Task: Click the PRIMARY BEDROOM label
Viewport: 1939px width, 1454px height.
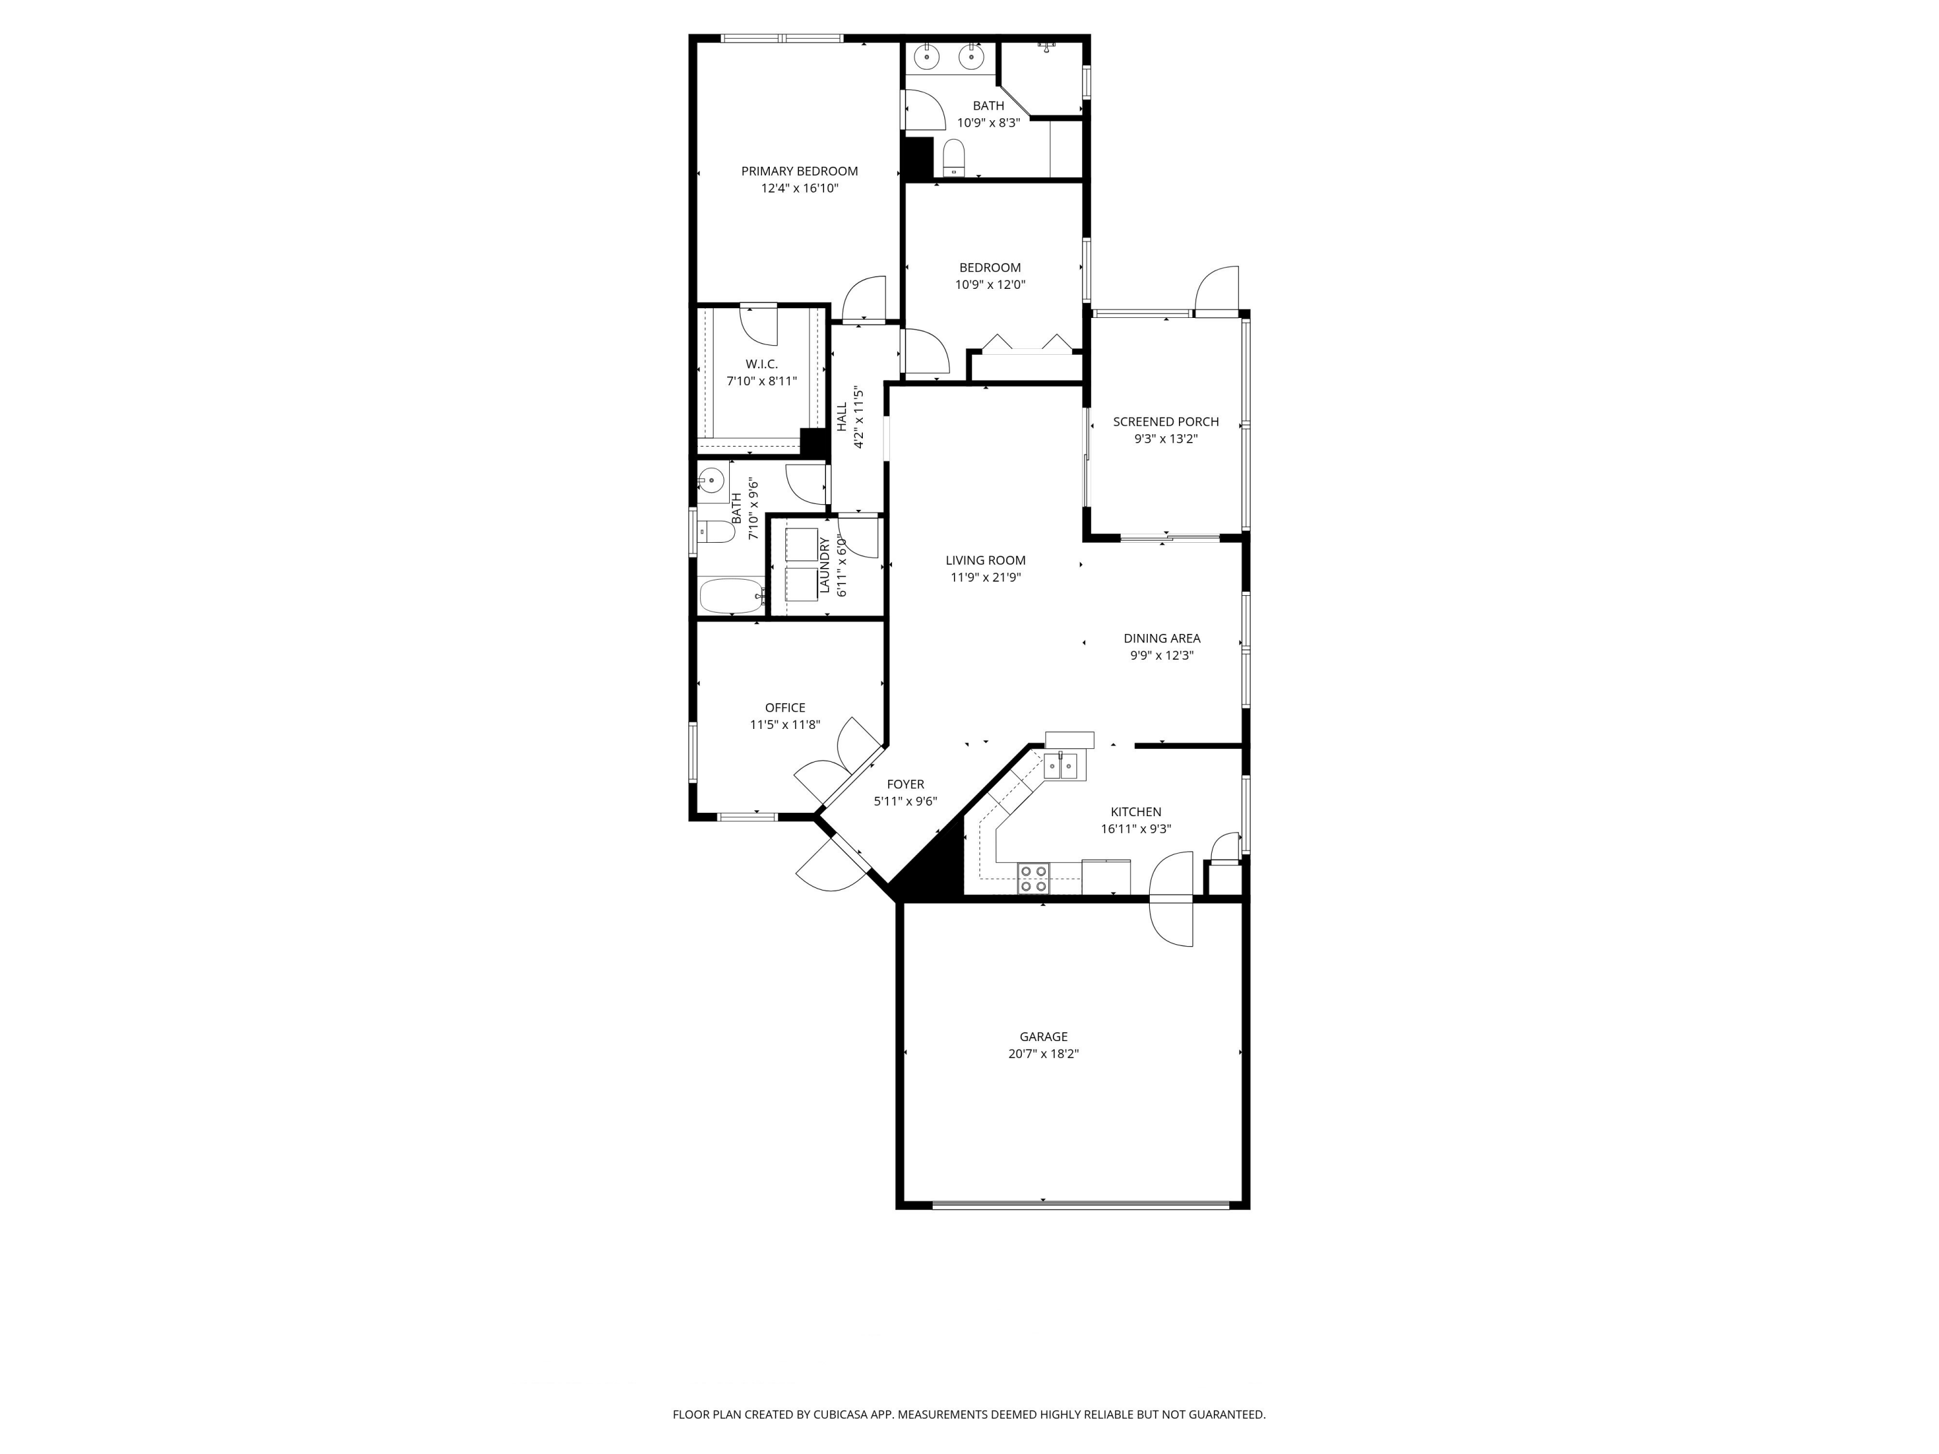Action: click(x=799, y=171)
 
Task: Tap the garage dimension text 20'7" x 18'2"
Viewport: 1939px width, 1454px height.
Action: click(x=1043, y=1053)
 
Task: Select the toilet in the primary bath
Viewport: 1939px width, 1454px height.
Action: click(x=954, y=158)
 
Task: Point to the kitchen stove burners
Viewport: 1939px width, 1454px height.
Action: click(x=1033, y=878)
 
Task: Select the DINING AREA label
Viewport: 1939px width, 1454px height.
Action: click(x=1161, y=638)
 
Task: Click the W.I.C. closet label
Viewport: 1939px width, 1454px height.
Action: click(x=761, y=364)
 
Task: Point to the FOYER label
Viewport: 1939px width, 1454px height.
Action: click(x=905, y=785)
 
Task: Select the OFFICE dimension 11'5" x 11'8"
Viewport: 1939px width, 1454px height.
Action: click(x=785, y=725)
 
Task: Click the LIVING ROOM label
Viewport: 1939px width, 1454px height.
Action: click(x=985, y=560)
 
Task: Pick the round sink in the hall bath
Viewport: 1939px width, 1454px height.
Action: click(x=711, y=479)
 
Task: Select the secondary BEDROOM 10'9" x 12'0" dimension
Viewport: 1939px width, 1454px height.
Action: click(x=990, y=285)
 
